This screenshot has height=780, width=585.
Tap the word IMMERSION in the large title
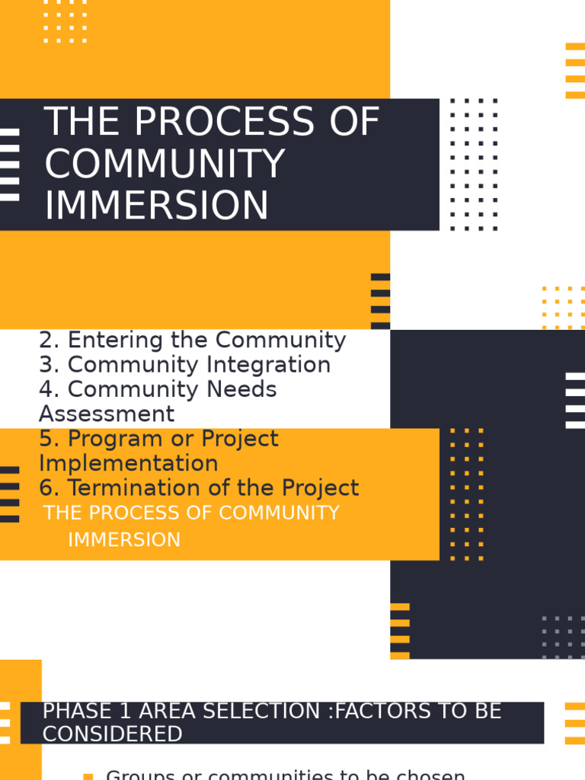point(157,206)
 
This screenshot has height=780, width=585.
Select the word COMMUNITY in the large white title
point(165,165)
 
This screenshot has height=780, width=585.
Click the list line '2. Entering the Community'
point(192,340)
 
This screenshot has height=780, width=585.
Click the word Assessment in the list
point(107,414)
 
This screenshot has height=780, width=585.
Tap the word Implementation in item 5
point(129,464)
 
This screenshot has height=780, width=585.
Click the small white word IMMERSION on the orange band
point(124,540)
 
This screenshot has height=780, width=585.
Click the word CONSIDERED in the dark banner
point(112,734)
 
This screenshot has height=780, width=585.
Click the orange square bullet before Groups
point(88,776)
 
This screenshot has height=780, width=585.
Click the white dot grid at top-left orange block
point(65,21)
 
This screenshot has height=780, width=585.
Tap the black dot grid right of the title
point(473,164)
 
